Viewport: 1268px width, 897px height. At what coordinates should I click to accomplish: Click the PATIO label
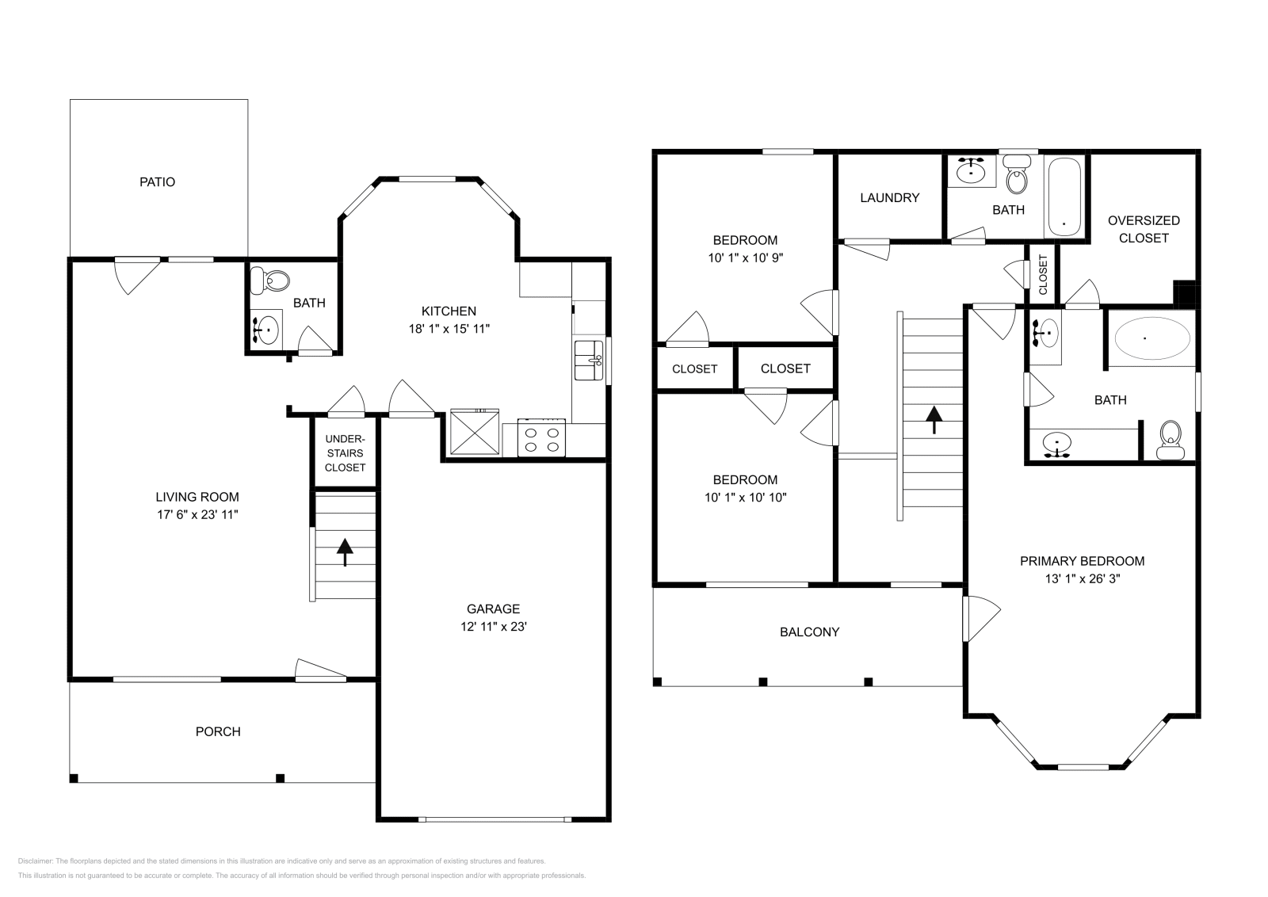[x=157, y=181]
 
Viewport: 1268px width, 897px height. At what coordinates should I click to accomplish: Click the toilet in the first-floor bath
[x=270, y=280]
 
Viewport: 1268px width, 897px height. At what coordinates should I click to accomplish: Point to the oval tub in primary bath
[x=1152, y=338]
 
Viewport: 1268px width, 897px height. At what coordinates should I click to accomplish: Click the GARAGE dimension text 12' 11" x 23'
[x=493, y=626]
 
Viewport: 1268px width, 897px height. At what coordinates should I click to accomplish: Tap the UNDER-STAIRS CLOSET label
[x=345, y=453]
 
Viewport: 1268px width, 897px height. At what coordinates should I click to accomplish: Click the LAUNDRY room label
[x=889, y=197]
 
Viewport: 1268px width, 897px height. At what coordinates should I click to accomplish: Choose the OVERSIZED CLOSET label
[x=1144, y=229]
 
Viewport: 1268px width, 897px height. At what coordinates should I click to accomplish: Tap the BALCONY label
[x=809, y=632]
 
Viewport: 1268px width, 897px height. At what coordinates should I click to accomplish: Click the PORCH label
[x=218, y=731]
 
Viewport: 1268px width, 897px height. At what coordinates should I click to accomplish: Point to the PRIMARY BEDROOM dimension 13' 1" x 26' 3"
[x=1082, y=578]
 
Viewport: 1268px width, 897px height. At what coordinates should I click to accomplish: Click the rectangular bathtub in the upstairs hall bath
[x=1064, y=197]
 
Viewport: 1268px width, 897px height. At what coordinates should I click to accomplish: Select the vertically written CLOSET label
[x=1043, y=274]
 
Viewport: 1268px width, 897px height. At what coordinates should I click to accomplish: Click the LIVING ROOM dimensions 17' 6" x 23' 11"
[x=197, y=514]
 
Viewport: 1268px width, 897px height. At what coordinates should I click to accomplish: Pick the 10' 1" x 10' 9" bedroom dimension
[x=745, y=258]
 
